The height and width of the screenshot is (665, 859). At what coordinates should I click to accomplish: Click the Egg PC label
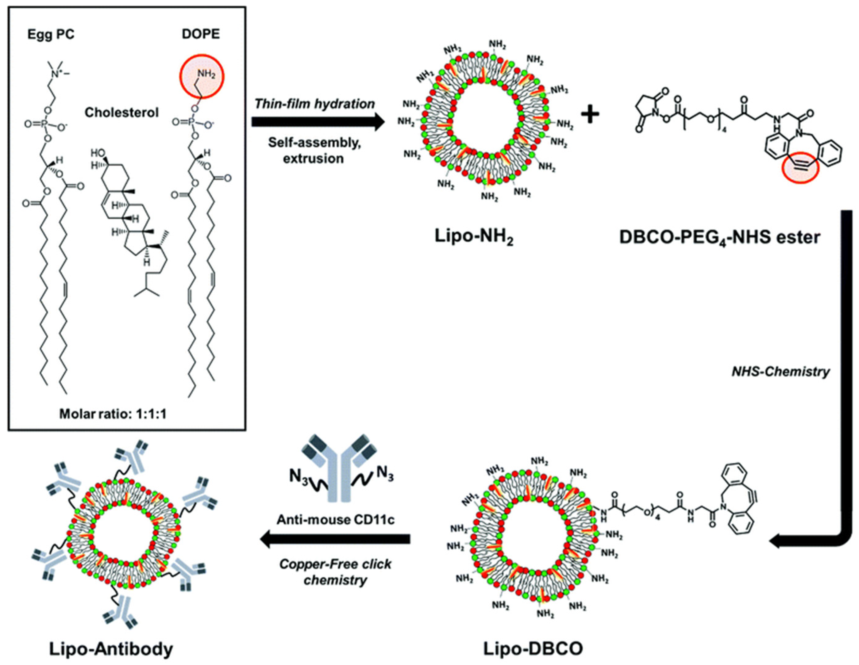[x=51, y=35]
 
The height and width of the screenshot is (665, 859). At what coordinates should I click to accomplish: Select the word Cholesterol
[x=122, y=113]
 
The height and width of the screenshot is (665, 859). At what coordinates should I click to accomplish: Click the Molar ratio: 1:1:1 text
[x=113, y=414]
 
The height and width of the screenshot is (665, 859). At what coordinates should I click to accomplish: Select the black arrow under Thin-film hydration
[x=318, y=122]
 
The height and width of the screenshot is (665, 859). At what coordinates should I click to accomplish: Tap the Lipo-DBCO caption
[x=533, y=649]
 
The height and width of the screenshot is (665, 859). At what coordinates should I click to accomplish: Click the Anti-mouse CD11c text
[x=336, y=520]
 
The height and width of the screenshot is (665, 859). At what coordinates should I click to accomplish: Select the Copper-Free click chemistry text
[x=336, y=572]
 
